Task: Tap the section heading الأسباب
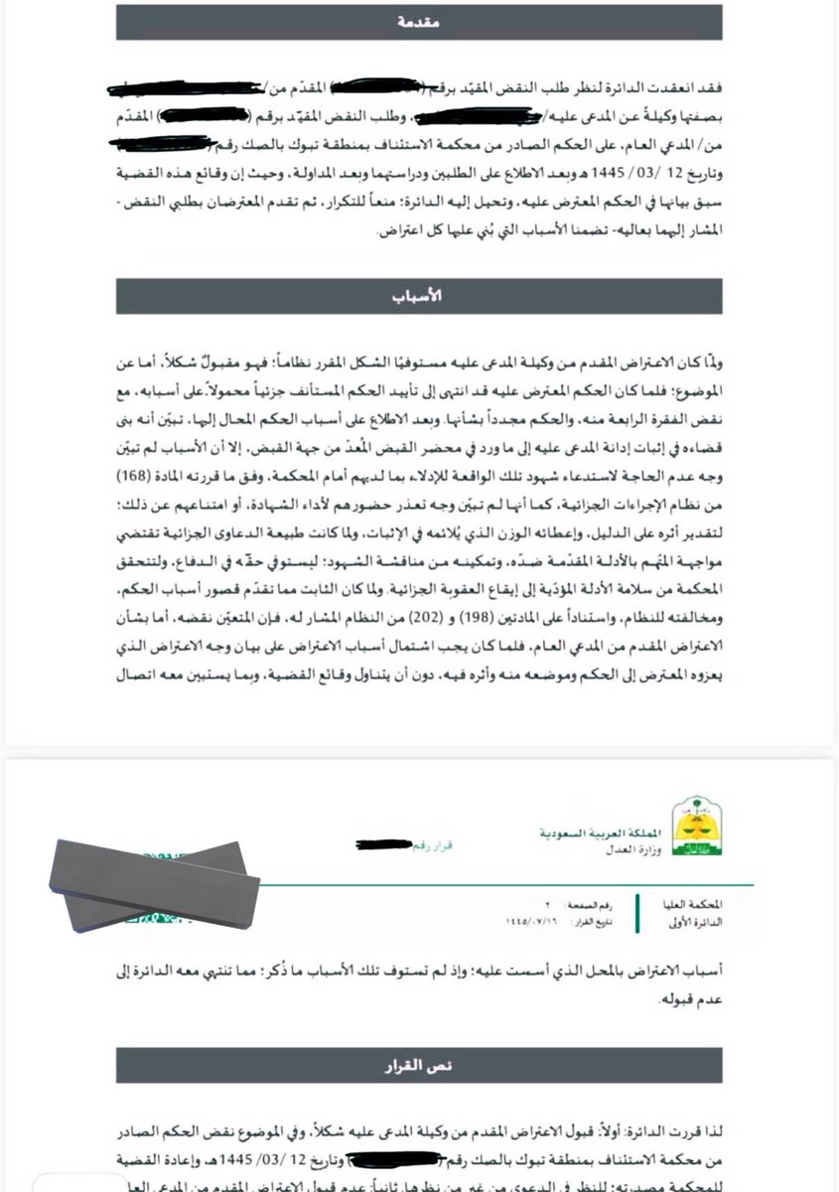419,297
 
